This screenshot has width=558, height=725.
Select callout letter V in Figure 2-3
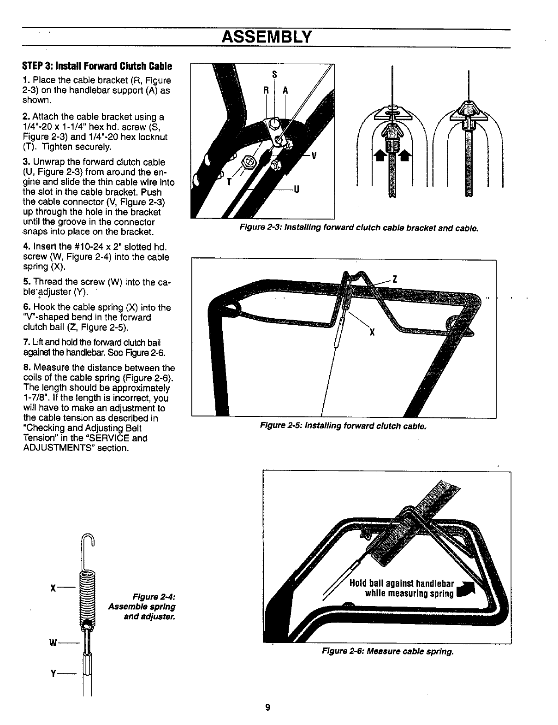click(314, 155)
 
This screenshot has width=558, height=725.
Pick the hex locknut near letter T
click(249, 161)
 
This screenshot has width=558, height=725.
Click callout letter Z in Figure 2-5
click(394, 279)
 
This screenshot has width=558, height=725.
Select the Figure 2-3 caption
click(358, 228)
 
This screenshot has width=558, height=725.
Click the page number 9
click(267, 707)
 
